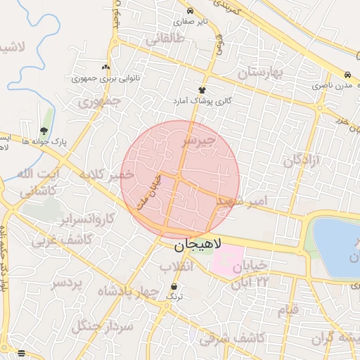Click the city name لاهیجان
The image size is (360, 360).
coord(198,245)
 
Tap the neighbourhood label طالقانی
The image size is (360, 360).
coord(165,40)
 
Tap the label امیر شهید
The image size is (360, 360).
coord(243,201)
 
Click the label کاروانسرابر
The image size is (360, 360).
coord(88,218)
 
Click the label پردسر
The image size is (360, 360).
coord(67,283)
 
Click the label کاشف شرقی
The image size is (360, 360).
coord(232,338)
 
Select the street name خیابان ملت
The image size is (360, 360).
coord(150,191)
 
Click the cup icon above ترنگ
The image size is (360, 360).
coord(174,286)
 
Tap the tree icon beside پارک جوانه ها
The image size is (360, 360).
coord(44,131)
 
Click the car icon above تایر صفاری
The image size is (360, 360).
coord(191,11)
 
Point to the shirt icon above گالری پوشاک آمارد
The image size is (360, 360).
coord(202,90)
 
